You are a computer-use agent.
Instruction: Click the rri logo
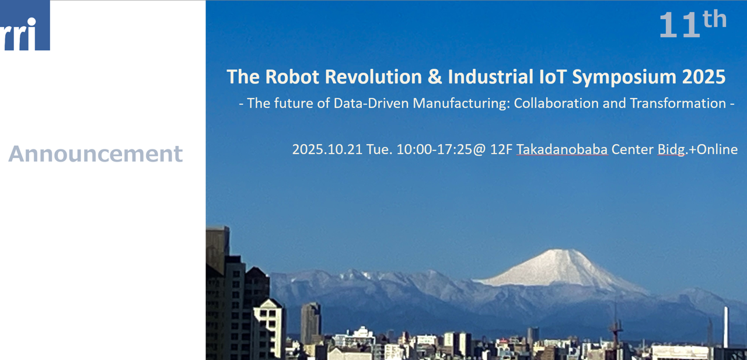pyautogui.click(x=25, y=25)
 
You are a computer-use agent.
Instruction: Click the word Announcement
pyautogui.click(x=95, y=154)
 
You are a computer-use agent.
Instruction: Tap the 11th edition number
pyautogui.click(x=693, y=23)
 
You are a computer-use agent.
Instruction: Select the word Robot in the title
pyautogui.click(x=292, y=76)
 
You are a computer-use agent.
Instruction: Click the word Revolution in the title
pyautogui.click(x=373, y=76)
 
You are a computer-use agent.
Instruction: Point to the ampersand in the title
pyautogui.click(x=435, y=76)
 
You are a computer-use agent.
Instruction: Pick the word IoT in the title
pyautogui.click(x=553, y=76)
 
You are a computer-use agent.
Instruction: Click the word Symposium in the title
pyautogui.click(x=624, y=78)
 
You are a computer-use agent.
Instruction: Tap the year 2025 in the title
pyautogui.click(x=704, y=76)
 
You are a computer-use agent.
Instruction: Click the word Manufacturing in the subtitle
pyautogui.click(x=462, y=104)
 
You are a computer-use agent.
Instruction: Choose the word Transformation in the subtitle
pyautogui.click(x=678, y=103)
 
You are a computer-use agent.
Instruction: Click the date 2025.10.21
pyautogui.click(x=327, y=149)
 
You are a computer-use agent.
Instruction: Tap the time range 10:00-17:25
pyautogui.click(x=434, y=149)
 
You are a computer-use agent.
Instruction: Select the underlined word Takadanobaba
pyautogui.click(x=562, y=149)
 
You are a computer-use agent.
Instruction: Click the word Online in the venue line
pyautogui.click(x=717, y=149)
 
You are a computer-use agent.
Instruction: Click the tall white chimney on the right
pyautogui.click(x=725, y=327)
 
